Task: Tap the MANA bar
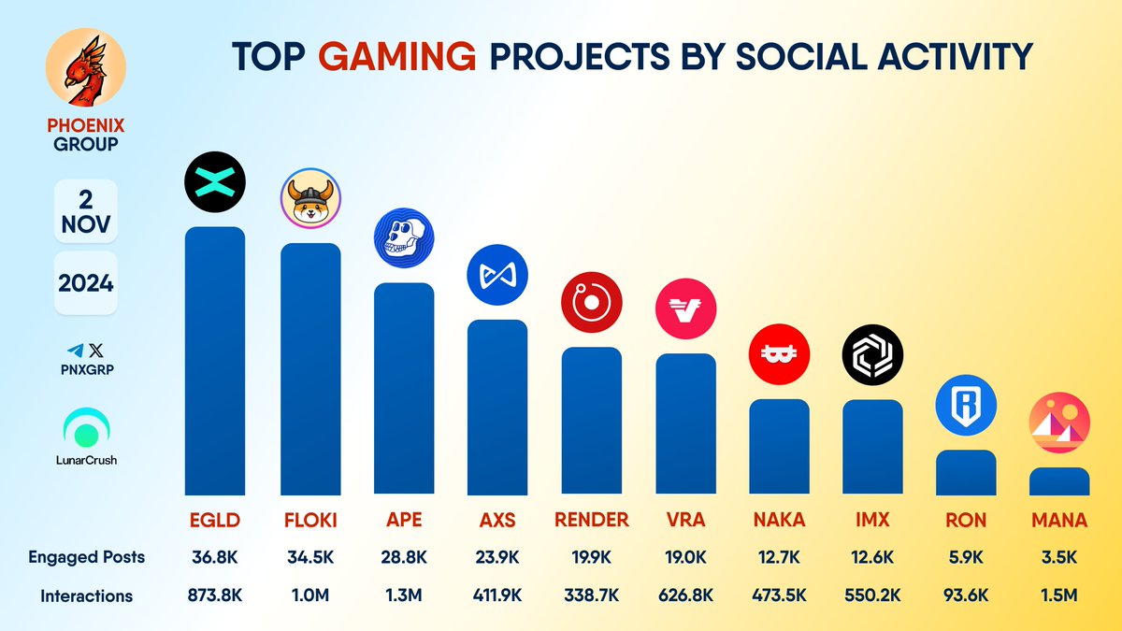(1059, 481)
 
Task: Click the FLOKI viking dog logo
(310, 198)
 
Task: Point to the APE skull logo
(404, 236)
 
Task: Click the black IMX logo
(872, 355)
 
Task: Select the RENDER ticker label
(591, 520)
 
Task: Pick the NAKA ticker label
(779, 520)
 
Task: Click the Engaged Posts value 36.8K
(215, 557)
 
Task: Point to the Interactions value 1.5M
(1059, 595)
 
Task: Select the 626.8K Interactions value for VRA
(685, 595)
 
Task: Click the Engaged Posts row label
(86, 557)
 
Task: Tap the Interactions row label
(86, 595)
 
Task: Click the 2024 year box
(85, 282)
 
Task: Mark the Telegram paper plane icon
(76, 350)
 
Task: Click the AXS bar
(497, 407)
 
